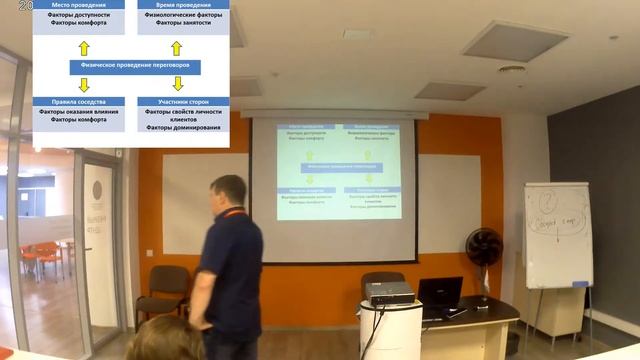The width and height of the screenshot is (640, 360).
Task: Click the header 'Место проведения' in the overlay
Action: (x=78, y=5)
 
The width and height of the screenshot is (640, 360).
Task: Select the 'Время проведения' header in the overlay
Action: (x=183, y=5)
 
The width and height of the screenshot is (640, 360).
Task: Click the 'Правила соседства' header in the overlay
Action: (x=78, y=101)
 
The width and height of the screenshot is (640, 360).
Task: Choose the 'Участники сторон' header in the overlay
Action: (x=183, y=101)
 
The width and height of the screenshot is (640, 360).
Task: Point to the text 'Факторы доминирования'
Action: (x=183, y=128)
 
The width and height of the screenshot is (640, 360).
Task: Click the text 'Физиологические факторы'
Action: (x=183, y=14)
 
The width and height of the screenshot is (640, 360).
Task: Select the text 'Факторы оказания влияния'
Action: (x=78, y=111)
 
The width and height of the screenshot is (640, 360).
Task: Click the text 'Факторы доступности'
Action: (x=78, y=14)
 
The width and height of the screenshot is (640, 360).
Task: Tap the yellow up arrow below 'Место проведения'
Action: (x=84, y=47)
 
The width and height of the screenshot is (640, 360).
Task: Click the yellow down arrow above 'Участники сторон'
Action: (x=178, y=84)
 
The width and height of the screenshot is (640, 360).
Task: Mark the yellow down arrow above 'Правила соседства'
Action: (x=84, y=84)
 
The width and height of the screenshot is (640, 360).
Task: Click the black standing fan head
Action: (x=484, y=246)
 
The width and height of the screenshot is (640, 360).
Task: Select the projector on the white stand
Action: (x=389, y=293)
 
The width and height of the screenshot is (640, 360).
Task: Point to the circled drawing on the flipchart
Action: (x=547, y=202)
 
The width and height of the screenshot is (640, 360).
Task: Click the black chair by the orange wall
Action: (x=166, y=290)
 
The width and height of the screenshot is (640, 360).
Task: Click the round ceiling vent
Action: (x=512, y=70)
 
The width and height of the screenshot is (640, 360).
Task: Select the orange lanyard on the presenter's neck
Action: (x=233, y=212)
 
